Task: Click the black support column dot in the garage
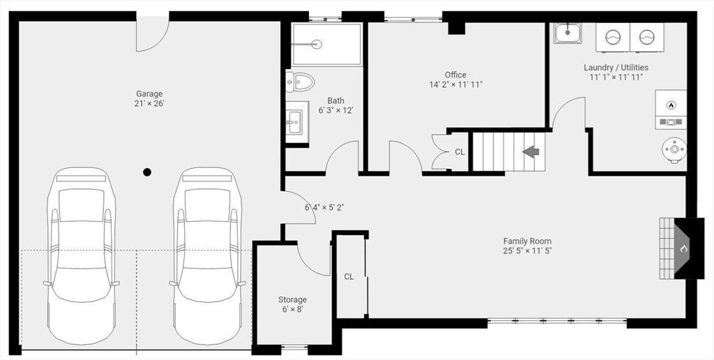(x=147, y=172)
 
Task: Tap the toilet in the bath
(x=301, y=82)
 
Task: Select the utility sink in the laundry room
(x=568, y=33)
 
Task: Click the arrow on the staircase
(x=531, y=151)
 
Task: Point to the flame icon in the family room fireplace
(x=683, y=249)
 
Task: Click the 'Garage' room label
(x=149, y=94)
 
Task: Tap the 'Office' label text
(x=456, y=75)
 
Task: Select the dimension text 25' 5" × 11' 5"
(x=527, y=250)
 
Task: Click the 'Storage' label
(x=292, y=300)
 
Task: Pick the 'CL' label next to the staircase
(x=460, y=152)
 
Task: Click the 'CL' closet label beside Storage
(x=349, y=276)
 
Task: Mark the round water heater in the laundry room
(x=674, y=149)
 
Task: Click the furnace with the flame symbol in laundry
(x=671, y=110)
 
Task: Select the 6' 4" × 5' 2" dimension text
(x=324, y=208)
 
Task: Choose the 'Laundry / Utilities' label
(x=616, y=68)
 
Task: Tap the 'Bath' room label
(x=335, y=100)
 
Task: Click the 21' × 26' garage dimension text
(x=149, y=103)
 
